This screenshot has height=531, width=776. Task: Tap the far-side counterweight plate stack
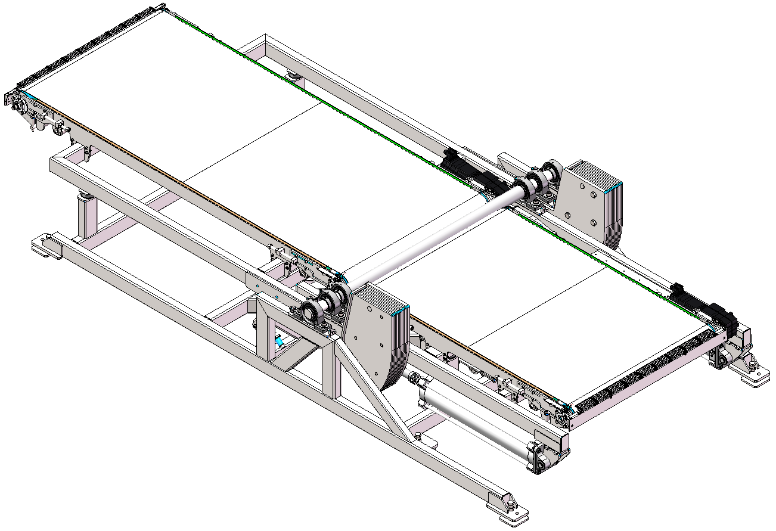[593, 203]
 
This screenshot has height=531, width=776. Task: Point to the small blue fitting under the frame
[278, 342]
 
